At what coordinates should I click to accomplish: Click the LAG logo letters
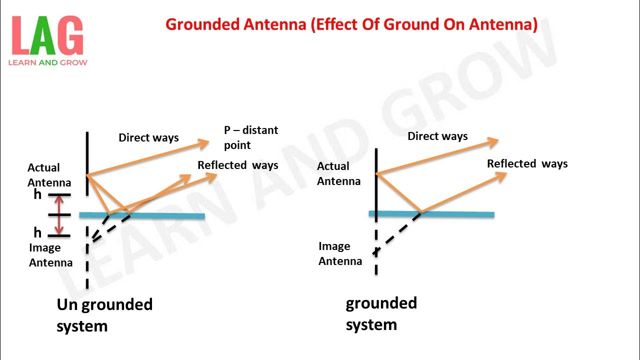(x=47, y=36)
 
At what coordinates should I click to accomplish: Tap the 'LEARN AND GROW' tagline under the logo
(x=47, y=62)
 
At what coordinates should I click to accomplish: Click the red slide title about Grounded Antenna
(x=351, y=24)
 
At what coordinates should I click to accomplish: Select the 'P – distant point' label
(x=250, y=137)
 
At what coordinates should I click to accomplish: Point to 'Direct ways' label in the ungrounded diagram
(x=148, y=137)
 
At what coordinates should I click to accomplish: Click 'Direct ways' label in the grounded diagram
(x=437, y=136)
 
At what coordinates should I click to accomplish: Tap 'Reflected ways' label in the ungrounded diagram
(x=237, y=165)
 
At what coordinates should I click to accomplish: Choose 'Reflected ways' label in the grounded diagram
(x=527, y=163)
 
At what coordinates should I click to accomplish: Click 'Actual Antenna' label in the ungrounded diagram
(x=49, y=175)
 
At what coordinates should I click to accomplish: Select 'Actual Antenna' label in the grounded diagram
(x=338, y=173)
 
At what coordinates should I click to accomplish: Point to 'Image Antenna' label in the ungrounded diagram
(x=50, y=255)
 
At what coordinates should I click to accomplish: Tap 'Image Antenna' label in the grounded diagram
(x=340, y=253)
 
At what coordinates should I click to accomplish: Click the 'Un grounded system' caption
(x=104, y=315)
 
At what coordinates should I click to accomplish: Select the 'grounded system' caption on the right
(x=381, y=313)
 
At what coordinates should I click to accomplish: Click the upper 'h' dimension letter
(x=37, y=194)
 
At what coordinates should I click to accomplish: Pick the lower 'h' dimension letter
(x=37, y=232)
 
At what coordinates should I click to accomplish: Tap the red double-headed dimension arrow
(x=59, y=215)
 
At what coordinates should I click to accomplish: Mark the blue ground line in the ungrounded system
(x=165, y=215)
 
